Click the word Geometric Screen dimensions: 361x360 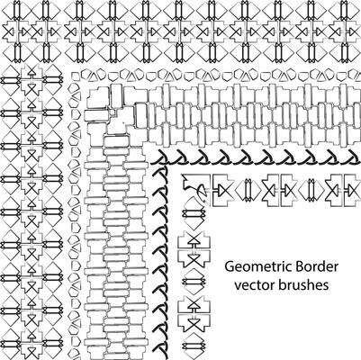[258, 266]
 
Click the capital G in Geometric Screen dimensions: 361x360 [230, 266]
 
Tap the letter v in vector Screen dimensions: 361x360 [238, 286]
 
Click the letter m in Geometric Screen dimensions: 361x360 [257, 268]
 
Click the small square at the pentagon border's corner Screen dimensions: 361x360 [77, 76]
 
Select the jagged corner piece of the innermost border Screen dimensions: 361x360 [194, 187]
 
